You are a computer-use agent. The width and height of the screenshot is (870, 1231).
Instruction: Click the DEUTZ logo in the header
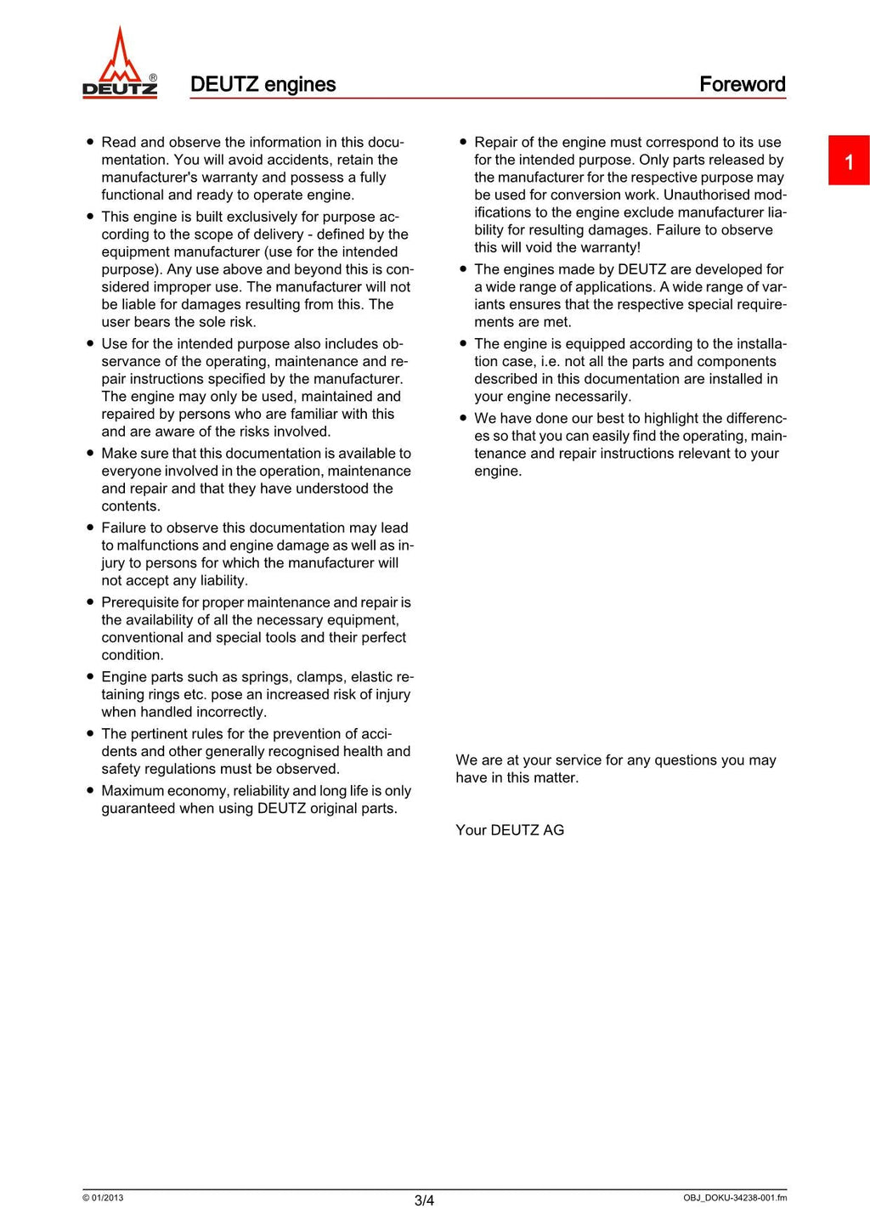(x=120, y=64)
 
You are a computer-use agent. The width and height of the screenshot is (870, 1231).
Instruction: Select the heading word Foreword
(x=742, y=84)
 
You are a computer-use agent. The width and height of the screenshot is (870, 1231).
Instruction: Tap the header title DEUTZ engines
(x=263, y=84)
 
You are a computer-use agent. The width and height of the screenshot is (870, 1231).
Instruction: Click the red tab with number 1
(x=848, y=161)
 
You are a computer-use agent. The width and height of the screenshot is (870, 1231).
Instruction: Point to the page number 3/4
(x=424, y=1200)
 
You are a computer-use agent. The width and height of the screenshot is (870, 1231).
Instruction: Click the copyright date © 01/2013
(x=103, y=1198)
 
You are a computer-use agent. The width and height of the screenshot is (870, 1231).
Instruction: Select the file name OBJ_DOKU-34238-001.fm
(x=734, y=1198)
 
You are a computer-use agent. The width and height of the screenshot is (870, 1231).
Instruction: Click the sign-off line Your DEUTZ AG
(x=509, y=830)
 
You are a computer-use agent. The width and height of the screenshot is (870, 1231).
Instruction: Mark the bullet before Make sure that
(x=90, y=453)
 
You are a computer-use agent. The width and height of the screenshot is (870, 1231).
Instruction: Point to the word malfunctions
(x=158, y=545)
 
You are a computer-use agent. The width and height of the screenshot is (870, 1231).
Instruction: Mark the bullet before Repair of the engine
(x=463, y=142)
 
